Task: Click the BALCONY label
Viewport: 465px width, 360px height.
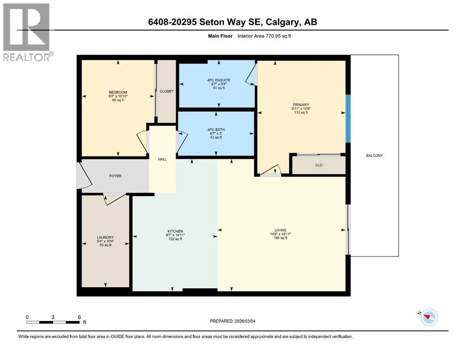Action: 374,156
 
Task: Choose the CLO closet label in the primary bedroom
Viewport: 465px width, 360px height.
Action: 318,165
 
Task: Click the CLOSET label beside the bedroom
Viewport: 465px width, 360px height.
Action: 166,91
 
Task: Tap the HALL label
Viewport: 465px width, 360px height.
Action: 162,159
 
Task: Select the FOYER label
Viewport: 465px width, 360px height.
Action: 115,176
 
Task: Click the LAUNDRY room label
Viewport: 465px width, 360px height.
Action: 105,238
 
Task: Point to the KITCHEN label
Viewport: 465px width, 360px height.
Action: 175,232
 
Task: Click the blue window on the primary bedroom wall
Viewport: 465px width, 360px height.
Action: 347,118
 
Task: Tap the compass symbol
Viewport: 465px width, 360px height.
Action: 428,317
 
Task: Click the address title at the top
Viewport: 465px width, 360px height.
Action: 232,22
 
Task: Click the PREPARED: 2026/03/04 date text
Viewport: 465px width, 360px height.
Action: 233,321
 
